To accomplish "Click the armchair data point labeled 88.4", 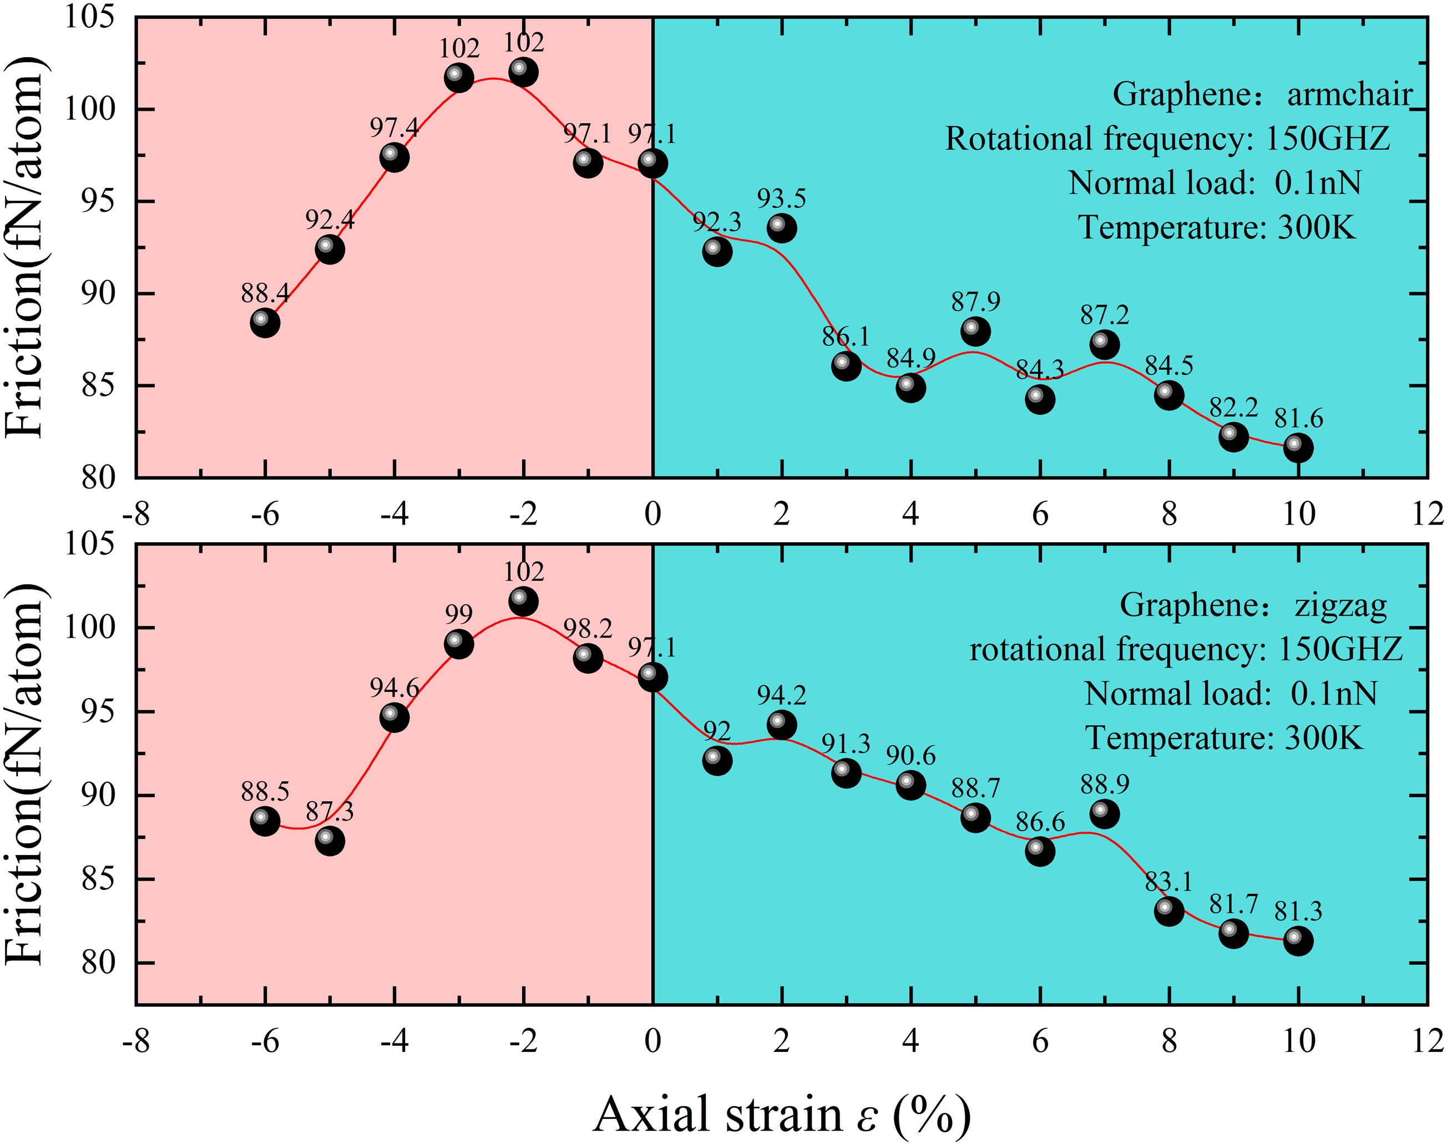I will [265, 323].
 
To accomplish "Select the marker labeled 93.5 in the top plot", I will [782, 228].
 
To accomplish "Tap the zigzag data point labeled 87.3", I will [330, 841].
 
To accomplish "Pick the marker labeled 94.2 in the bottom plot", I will [782, 725].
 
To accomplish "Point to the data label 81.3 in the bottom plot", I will [1298, 911].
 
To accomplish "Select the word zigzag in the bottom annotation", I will [1340, 605].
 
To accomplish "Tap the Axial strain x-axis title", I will [782, 1114].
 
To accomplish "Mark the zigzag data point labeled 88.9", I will [1104, 814].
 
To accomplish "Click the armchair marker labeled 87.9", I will [975, 331].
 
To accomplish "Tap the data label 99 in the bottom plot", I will [459, 614].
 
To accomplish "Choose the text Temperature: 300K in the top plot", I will [1217, 228].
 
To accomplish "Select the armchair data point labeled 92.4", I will [330, 250].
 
